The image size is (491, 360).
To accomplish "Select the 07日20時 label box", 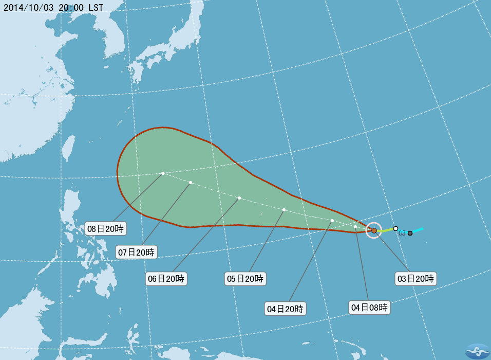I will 136,252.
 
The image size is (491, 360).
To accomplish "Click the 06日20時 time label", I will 166,279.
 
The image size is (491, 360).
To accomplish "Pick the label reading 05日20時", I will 245,279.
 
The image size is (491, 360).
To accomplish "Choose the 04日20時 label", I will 286,309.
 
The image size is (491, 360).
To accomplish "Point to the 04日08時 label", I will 369,308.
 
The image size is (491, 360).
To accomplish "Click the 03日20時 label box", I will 416,279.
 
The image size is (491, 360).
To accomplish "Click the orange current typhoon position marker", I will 374,230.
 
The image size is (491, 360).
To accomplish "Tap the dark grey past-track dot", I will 410,233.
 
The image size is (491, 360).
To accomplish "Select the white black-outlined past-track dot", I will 395,228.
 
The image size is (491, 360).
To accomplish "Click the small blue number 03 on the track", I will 402,233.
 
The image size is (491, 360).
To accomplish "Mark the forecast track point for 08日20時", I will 162,173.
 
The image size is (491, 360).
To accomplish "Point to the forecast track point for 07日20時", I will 190,183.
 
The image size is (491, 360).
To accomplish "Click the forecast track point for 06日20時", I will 239,198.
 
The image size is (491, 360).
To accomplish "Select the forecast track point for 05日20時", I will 284,210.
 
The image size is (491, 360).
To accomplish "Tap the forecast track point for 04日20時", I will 332,221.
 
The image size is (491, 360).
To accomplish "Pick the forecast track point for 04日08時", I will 355,227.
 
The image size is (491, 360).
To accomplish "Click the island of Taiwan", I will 67,149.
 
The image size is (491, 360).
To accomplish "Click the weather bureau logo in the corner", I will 477,351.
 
